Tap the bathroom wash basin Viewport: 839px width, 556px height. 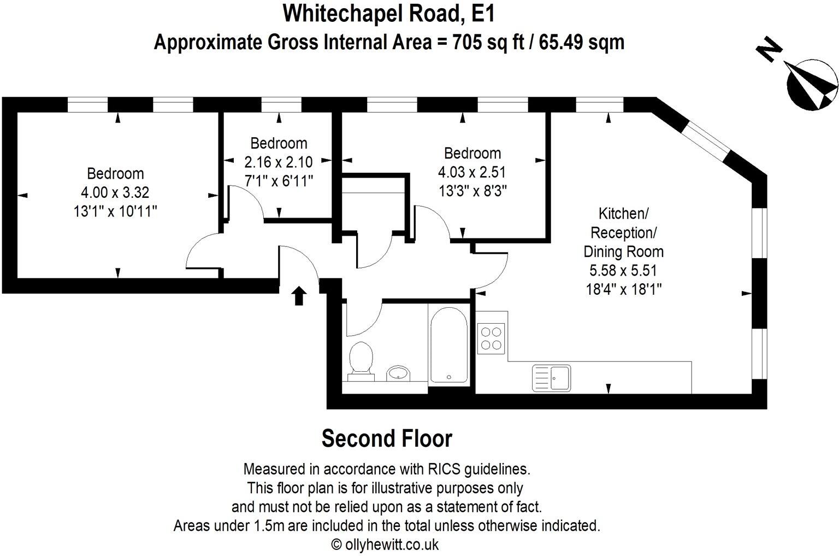[x=398, y=373]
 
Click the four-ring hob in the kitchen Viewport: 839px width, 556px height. [x=491, y=337]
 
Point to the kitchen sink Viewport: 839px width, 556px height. [x=551, y=378]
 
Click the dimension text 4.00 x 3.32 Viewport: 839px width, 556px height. [x=115, y=192]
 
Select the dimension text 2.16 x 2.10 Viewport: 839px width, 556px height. [x=279, y=162]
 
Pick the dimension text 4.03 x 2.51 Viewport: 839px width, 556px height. [x=472, y=172]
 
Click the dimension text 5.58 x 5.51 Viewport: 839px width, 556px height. [x=623, y=270]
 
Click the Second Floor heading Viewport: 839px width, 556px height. [x=387, y=438]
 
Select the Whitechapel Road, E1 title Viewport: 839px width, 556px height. [x=389, y=14]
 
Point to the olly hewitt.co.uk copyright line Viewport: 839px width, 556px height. [x=385, y=544]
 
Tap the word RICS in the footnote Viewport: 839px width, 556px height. [x=444, y=469]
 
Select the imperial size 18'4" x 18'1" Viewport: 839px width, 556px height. [x=623, y=289]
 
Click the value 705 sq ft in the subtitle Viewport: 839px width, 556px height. [x=486, y=42]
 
